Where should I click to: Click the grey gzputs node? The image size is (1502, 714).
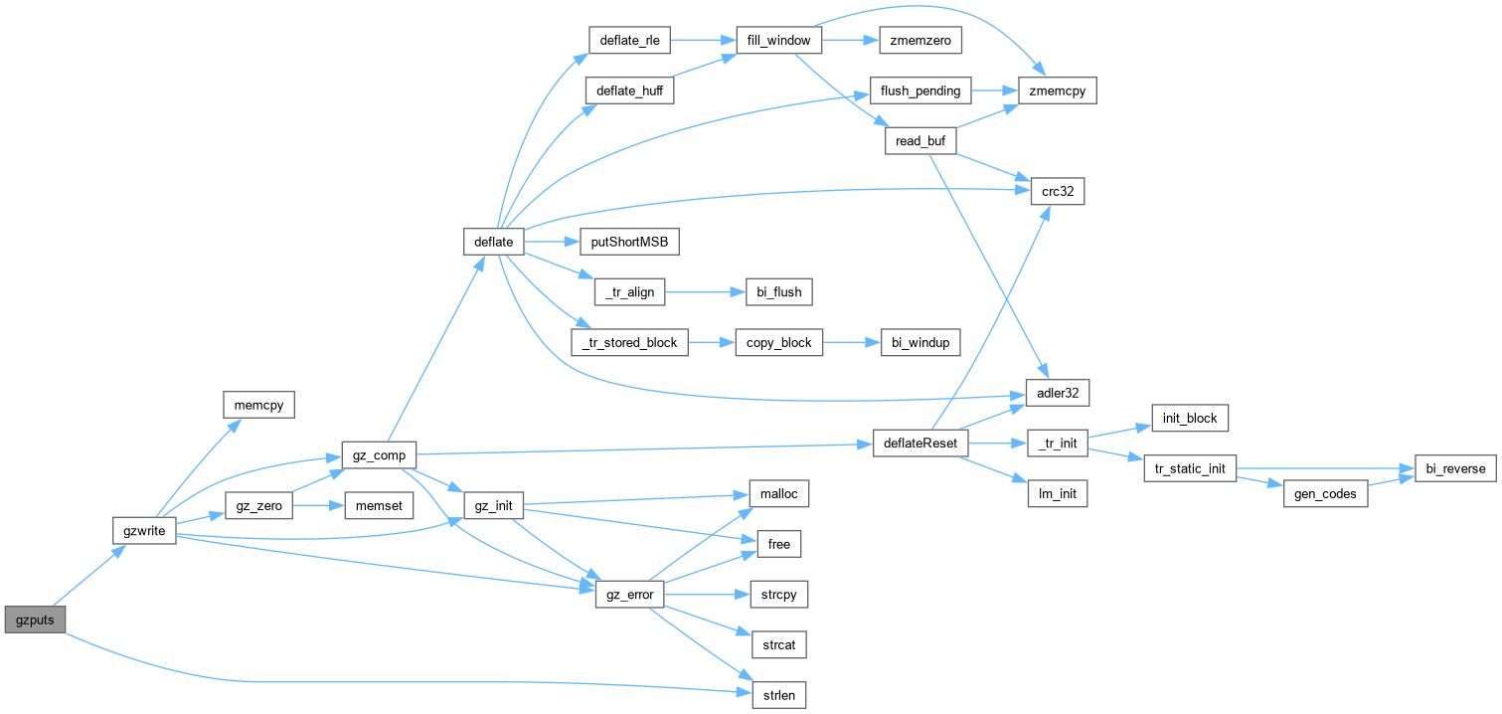click(35, 620)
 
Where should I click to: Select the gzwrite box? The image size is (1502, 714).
click(144, 531)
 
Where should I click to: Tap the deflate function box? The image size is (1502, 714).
click(493, 242)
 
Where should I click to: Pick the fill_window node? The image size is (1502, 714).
click(778, 40)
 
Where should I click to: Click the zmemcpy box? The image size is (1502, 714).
click(1058, 90)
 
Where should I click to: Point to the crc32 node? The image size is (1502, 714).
click(1058, 191)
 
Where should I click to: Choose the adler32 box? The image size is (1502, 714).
click(1058, 393)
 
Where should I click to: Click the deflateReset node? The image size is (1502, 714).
click(920, 443)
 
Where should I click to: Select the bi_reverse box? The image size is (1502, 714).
click(1455, 468)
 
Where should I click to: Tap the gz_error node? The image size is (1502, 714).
click(629, 595)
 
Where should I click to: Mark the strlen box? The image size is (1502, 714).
click(778, 695)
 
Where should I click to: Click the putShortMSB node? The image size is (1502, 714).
click(629, 242)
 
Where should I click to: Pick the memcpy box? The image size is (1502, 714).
click(258, 405)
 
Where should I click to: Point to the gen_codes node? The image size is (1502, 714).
click(1325, 494)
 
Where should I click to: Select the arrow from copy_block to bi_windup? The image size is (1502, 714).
click(852, 342)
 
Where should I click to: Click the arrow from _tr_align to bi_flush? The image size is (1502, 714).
click(706, 292)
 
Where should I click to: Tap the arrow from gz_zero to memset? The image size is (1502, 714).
click(319, 505)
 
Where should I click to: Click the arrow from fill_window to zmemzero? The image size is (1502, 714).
click(850, 40)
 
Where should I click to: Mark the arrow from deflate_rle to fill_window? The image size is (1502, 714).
click(704, 40)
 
